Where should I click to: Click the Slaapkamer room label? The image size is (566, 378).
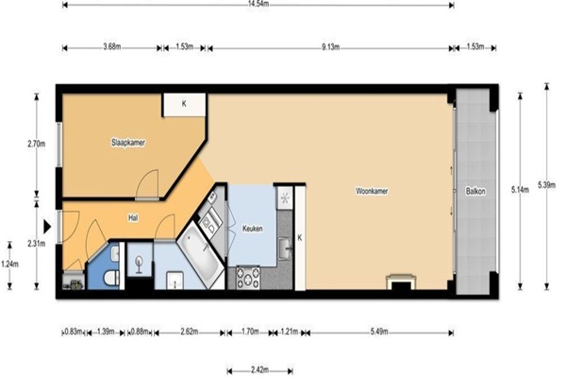[128, 143]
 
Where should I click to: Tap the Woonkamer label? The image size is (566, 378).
[372, 191]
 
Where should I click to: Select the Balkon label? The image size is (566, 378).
[475, 191]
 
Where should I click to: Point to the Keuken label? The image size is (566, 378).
[252, 229]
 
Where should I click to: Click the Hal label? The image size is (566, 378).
[133, 218]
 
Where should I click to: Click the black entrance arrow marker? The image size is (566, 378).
[47, 227]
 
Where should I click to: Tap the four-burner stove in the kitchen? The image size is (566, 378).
[248, 278]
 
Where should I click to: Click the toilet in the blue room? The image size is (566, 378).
[111, 278]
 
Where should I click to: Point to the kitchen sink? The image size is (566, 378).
[285, 249]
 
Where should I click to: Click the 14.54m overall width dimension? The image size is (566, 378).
[258, 5]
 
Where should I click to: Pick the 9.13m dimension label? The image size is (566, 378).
[331, 47]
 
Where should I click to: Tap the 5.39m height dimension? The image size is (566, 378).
[547, 185]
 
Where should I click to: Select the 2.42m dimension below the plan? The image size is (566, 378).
[260, 370]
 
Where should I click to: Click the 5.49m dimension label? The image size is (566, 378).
[379, 332]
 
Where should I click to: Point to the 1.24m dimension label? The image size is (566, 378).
[9, 265]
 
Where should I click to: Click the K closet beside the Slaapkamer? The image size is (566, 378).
[184, 104]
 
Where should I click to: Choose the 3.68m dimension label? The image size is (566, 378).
[112, 47]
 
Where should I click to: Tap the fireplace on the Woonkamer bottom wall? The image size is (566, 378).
[401, 283]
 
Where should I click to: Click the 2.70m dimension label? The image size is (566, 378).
[37, 144]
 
